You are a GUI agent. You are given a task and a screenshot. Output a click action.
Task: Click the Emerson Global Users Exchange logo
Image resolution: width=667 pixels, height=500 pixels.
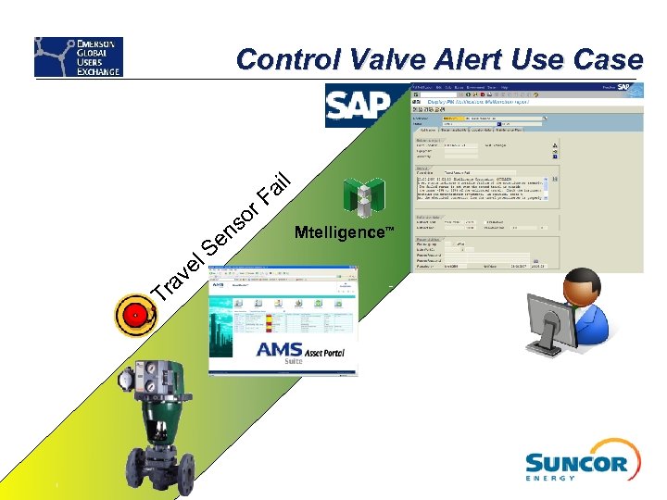click(79, 57)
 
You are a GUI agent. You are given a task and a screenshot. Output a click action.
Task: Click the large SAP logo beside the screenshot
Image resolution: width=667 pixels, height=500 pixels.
click(359, 106)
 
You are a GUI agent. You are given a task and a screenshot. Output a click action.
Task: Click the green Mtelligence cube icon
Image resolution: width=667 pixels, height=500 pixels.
click(363, 197)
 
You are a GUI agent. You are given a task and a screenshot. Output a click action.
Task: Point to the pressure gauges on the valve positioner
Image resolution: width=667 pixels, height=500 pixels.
click(148, 374)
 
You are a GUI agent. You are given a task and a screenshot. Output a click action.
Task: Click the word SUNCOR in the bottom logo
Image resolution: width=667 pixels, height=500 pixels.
click(576, 462)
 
